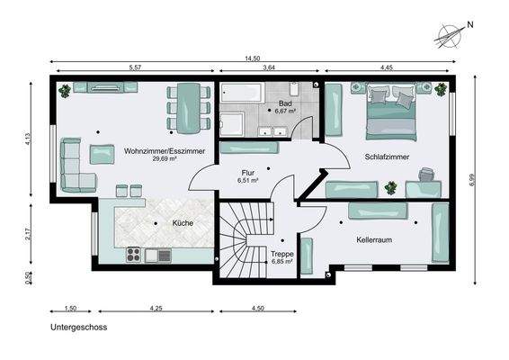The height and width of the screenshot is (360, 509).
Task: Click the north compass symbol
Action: click(x=450, y=35)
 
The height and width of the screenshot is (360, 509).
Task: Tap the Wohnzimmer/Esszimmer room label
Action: click(x=164, y=150)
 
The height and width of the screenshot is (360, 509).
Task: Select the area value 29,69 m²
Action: click(x=164, y=159)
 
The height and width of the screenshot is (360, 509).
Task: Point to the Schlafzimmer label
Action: click(x=387, y=157)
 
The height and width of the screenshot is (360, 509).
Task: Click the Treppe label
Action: click(x=282, y=255)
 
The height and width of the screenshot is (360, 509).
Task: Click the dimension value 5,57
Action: click(x=135, y=67)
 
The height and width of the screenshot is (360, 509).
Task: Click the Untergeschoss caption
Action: click(x=79, y=328)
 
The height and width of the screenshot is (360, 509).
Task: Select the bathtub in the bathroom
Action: click(x=241, y=94)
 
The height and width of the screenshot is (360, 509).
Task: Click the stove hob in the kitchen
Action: click(x=134, y=255)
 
